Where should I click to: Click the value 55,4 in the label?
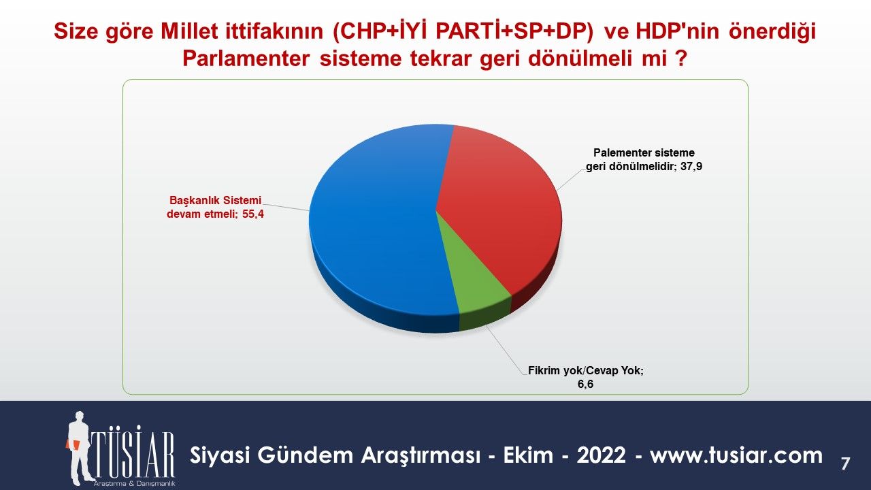pos(253,214)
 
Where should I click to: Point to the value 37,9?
pos(691,167)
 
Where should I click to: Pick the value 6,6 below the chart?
pos(585,385)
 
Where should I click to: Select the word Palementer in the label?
pos(621,153)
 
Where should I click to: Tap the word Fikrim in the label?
pos(544,370)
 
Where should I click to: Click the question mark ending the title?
pos(680,59)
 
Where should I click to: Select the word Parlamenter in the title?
pos(246,59)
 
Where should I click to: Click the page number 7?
pos(845,464)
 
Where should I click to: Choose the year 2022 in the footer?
pos(601,455)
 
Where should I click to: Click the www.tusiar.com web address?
pos(736,455)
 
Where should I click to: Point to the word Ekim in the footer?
pos(528,455)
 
